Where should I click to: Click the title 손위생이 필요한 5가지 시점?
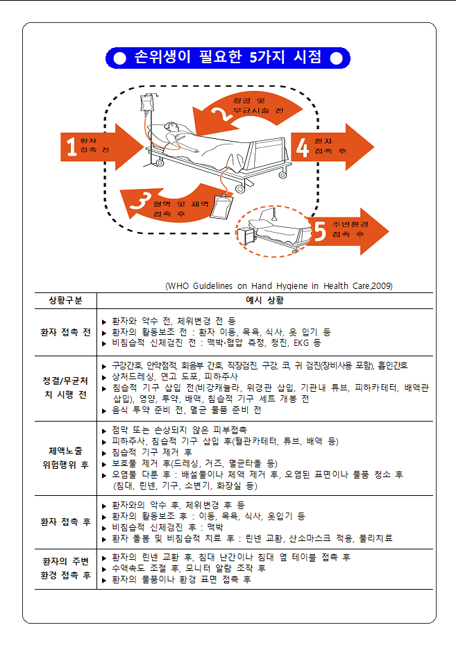coord(228,58)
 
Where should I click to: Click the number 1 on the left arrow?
coord(71,147)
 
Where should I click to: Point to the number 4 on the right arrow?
coord(302,147)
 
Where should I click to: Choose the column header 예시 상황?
coord(264,301)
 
